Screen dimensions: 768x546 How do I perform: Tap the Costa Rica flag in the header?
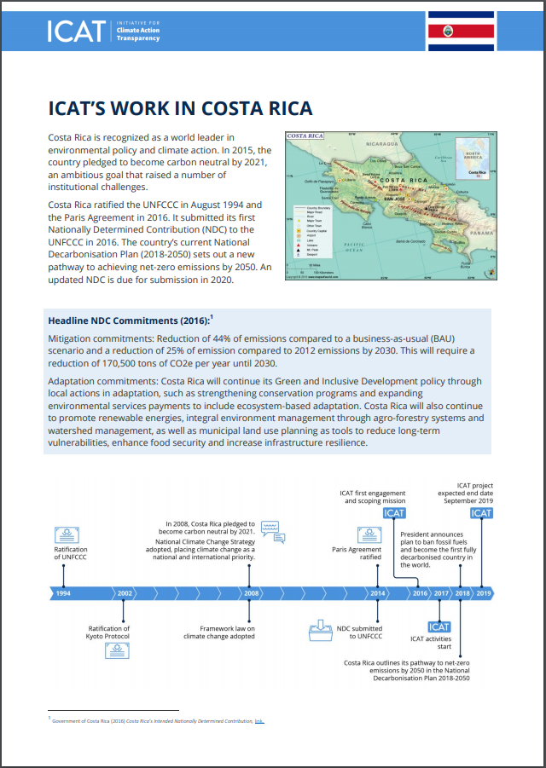pyautogui.click(x=461, y=32)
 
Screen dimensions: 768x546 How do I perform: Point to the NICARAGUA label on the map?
pyautogui.click(x=382, y=146)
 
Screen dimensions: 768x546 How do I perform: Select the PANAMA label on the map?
pyautogui.click(x=482, y=232)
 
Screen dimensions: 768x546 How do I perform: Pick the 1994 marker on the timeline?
pyautogui.click(x=63, y=592)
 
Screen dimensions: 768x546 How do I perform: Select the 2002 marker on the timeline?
pyautogui.click(x=125, y=592)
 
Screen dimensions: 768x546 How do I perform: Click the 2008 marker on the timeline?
pyautogui.click(x=252, y=592)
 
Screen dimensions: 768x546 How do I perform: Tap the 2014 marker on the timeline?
pyautogui.click(x=377, y=592)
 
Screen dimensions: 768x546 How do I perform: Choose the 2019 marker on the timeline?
pyautogui.click(x=483, y=592)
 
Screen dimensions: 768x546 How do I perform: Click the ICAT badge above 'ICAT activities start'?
pyautogui.click(x=439, y=627)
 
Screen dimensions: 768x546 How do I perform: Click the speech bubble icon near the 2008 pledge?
pyautogui.click(x=270, y=526)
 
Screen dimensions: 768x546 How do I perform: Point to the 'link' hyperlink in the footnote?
pyautogui.click(x=258, y=721)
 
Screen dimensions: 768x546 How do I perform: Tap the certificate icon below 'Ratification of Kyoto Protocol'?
pyautogui.click(x=119, y=652)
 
